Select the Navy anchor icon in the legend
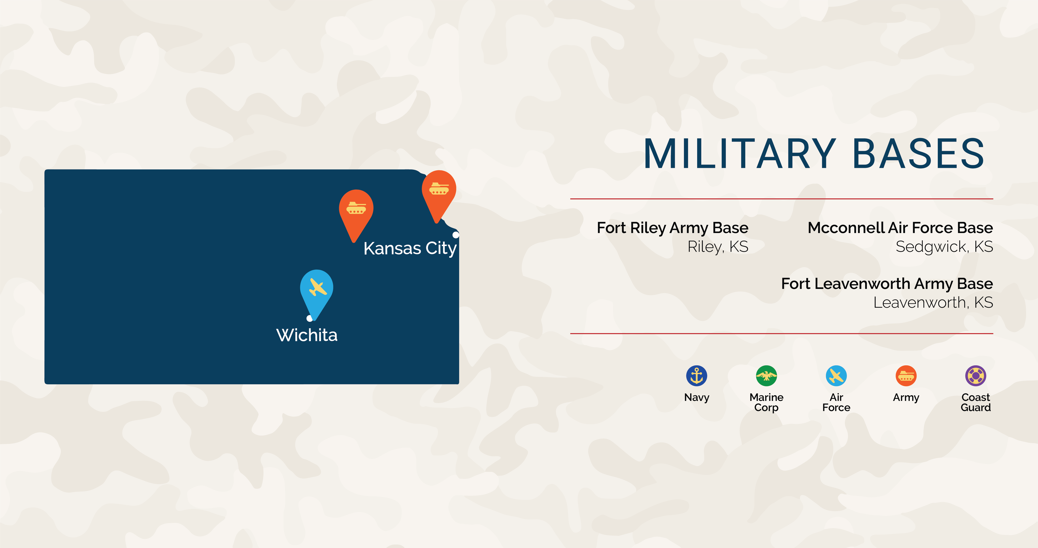[x=697, y=376]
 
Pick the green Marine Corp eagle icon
[x=766, y=376]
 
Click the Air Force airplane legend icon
[x=836, y=376]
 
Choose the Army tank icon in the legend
[x=906, y=376]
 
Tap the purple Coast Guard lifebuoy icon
[x=976, y=376]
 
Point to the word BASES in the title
[x=919, y=154]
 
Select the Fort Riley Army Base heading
[x=672, y=228]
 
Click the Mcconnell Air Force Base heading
[x=900, y=228]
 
